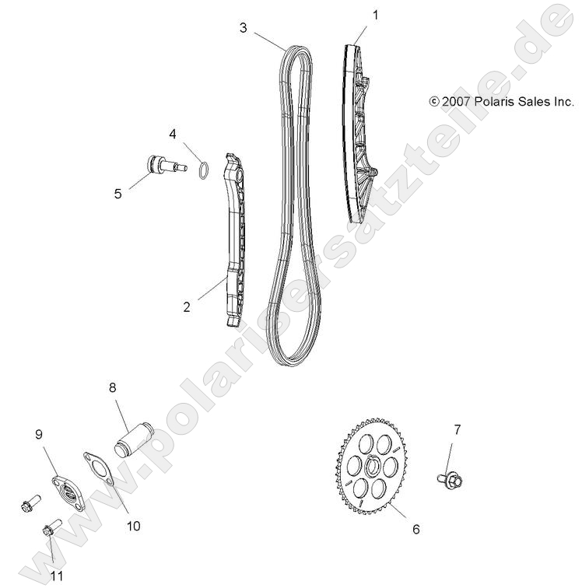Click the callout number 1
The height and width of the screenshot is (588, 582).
(x=376, y=15)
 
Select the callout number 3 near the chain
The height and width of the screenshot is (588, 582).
(x=244, y=28)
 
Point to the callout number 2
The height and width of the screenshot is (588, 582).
(x=187, y=306)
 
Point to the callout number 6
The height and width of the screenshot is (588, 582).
(x=415, y=530)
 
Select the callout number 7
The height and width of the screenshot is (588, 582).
(x=458, y=429)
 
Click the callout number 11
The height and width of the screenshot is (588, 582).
(x=56, y=576)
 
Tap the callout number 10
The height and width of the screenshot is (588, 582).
(x=133, y=526)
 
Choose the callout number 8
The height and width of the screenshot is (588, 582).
(x=113, y=386)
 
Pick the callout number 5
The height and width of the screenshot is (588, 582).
(x=118, y=194)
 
